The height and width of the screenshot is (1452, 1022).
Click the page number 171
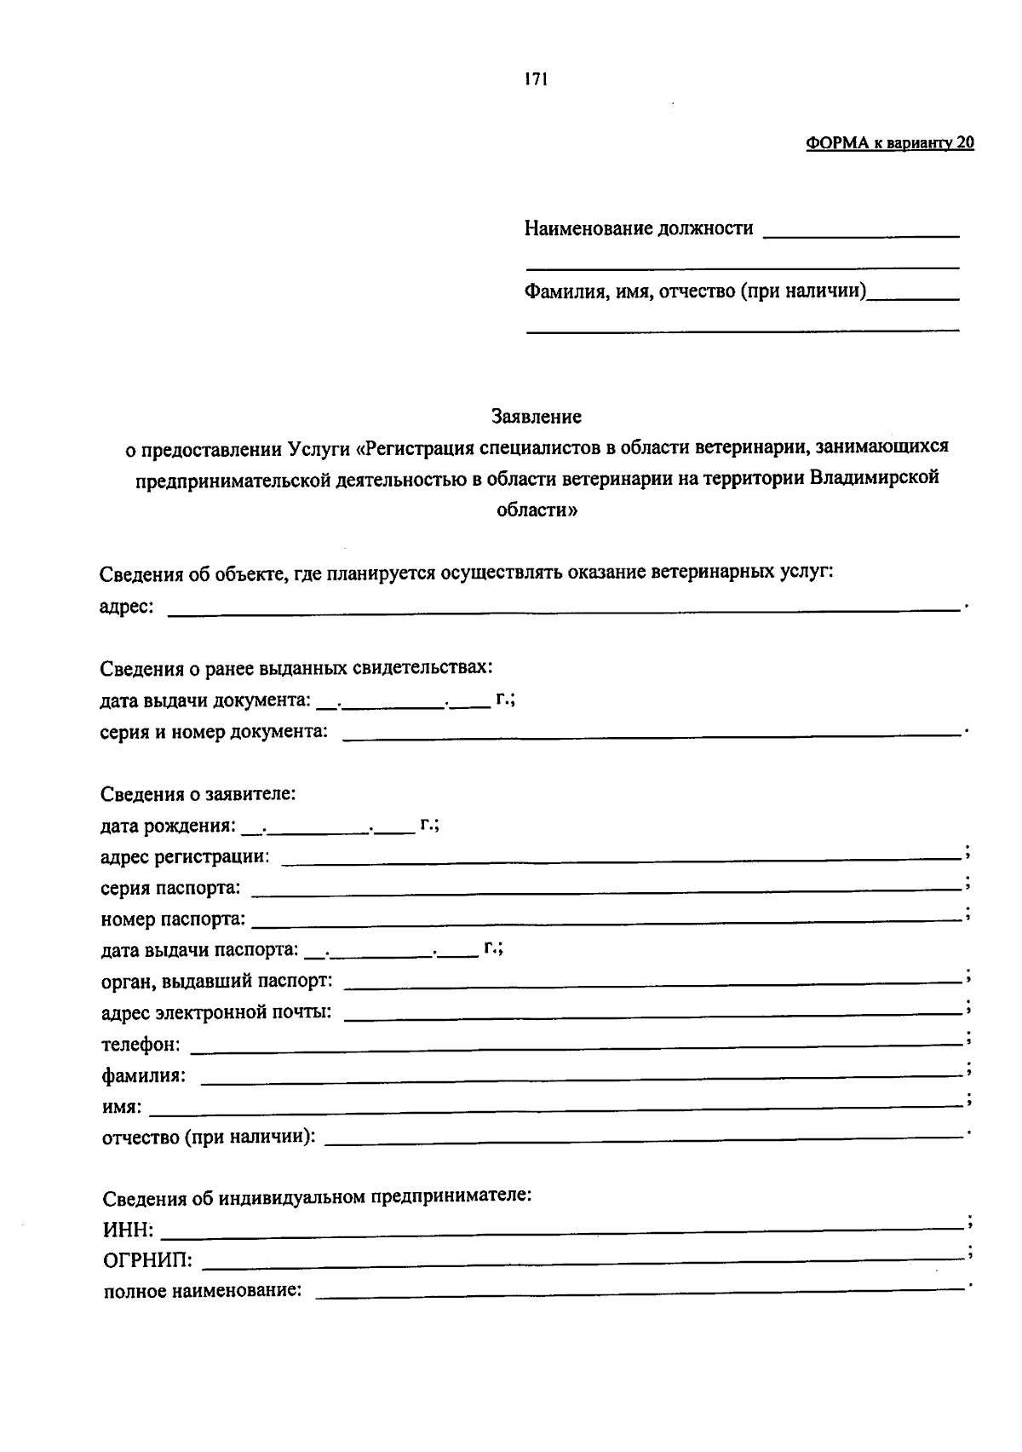pyautogui.click(x=536, y=80)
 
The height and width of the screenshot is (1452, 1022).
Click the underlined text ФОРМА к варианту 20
pyautogui.click(x=889, y=143)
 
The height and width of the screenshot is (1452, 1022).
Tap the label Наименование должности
pyautogui.click(x=638, y=228)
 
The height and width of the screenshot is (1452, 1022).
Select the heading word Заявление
pyautogui.click(x=536, y=417)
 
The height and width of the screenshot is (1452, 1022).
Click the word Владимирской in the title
pyautogui.click(x=875, y=477)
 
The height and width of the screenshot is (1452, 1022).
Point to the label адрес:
pyautogui.click(x=126, y=607)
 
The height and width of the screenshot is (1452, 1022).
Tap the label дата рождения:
pyautogui.click(x=168, y=826)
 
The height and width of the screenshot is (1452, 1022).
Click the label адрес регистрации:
pyautogui.click(x=185, y=856)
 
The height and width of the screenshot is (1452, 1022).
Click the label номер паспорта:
pyautogui.click(x=173, y=919)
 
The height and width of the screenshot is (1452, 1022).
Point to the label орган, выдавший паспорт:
pyautogui.click(x=217, y=981)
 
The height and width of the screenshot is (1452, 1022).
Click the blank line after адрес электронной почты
pyautogui.click(x=652, y=1015)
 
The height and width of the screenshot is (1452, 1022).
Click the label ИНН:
pyautogui.click(x=129, y=1230)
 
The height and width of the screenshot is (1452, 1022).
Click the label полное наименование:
pyautogui.click(x=203, y=1291)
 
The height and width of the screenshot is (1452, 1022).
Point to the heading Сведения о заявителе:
pyautogui.click(x=198, y=794)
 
